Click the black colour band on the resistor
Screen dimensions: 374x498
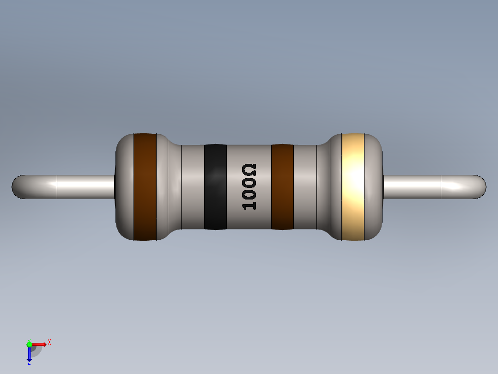(x=215, y=187)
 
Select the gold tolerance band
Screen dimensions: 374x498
(x=353, y=187)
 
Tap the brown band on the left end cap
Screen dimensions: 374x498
(x=145, y=187)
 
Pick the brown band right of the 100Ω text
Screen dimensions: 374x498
(x=282, y=187)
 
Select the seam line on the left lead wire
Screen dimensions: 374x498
(x=57, y=187)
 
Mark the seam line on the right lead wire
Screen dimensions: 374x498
(x=441, y=187)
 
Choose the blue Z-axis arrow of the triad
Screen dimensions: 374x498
(x=29, y=354)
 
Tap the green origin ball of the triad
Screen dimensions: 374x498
(x=29, y=344)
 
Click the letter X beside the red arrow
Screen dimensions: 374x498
(x=49, y=343)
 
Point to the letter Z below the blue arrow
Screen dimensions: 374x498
(x=29, y=363)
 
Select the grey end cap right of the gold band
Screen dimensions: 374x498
(x=374, y=187)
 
